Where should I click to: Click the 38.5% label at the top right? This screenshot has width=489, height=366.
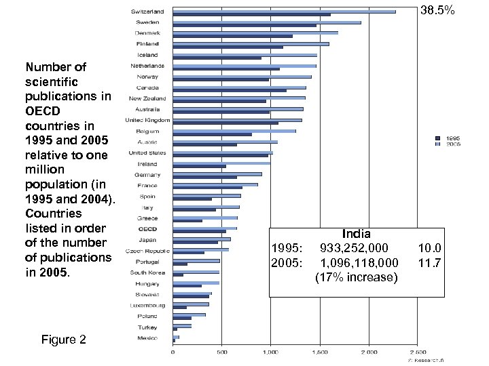[438, 12]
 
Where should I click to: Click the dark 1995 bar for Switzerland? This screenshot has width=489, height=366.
[251, 15]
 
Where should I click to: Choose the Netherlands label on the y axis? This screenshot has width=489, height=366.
[147, 66]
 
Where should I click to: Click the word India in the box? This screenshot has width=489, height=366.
[357, 234]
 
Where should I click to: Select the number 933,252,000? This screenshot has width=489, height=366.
[354, 248]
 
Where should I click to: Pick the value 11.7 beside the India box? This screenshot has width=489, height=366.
[429, 262]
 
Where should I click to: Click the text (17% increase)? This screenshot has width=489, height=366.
[357, 277]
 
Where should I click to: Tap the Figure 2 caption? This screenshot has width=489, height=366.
[64, 340]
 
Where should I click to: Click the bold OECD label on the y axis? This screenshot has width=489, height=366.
[148, 229]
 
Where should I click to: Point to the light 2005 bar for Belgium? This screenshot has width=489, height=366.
[234, 131]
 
